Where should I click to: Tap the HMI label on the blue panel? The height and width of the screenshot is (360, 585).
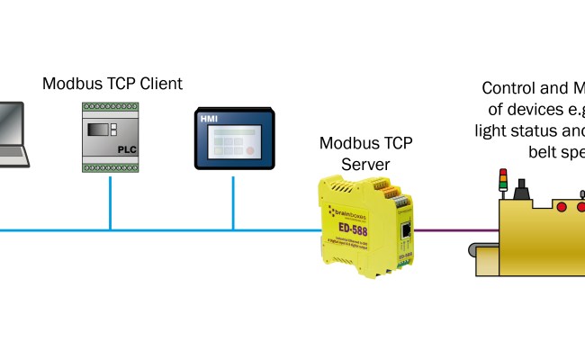tap(208, 118)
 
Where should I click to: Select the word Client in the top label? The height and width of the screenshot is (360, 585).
tap(157, 84)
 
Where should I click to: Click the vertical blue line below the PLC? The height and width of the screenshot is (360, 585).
tap(111, 202)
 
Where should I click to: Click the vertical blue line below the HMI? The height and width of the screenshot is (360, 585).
tap(233, 202)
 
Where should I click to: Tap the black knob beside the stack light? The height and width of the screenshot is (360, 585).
tap(519, 190)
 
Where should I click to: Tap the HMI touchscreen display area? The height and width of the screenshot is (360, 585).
tap(233, 140)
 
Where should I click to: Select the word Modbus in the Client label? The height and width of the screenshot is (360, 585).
tap(71, 84)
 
